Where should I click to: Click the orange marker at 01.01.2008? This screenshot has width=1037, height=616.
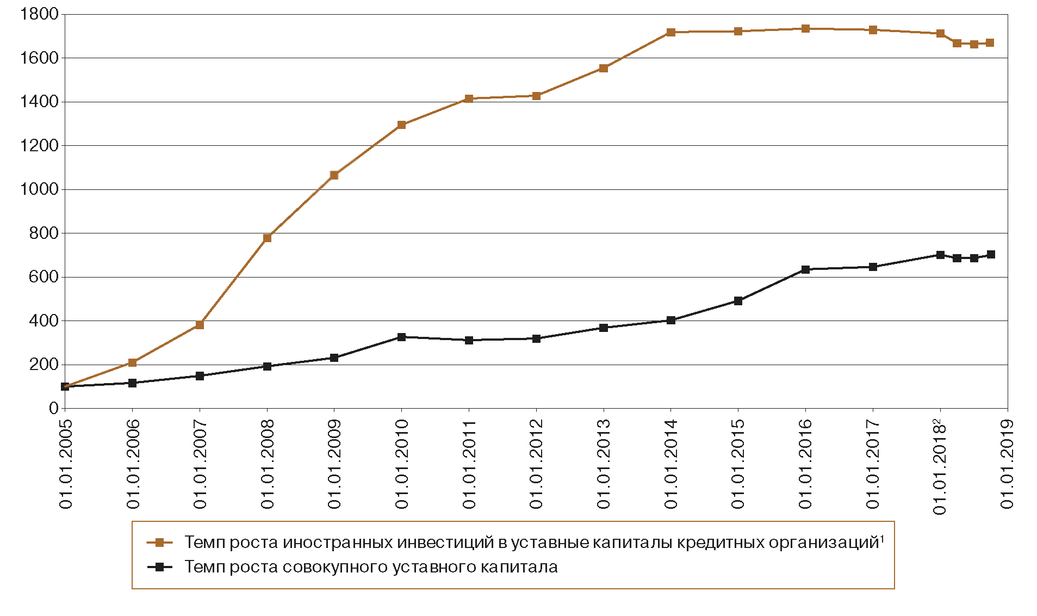tap(267, 238)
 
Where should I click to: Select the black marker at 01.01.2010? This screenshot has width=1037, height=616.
tap(401, 337)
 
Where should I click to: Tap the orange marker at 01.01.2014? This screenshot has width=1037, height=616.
tap(670, 33)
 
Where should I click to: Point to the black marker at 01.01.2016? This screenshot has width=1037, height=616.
tap(805, 269)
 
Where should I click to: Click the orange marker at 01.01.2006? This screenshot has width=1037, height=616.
tap(132, 362)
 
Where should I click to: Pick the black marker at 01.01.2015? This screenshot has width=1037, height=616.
tap(738, 301)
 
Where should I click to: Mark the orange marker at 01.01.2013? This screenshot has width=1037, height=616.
tap(603, 68)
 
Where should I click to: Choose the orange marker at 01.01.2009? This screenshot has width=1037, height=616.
tap(334, 175)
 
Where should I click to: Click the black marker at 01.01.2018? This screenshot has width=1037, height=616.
tap(940, 255)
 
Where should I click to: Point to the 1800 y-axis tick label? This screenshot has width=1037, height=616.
tap(39, 14)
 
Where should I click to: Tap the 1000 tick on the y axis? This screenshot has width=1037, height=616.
tap(39, 189)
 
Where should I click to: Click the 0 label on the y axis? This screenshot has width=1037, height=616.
tap(53, 408)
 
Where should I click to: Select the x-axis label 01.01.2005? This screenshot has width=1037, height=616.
tap(66, 464)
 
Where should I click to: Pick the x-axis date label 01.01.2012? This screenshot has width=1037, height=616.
tap(536, 464)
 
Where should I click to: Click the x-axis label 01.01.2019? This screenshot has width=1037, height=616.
tap(1007, 464)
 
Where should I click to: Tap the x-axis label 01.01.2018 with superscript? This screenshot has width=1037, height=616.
tap(940, 467)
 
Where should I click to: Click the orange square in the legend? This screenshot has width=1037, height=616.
tap(159, 543)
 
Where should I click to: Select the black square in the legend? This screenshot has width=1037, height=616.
tap(159, 567)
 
